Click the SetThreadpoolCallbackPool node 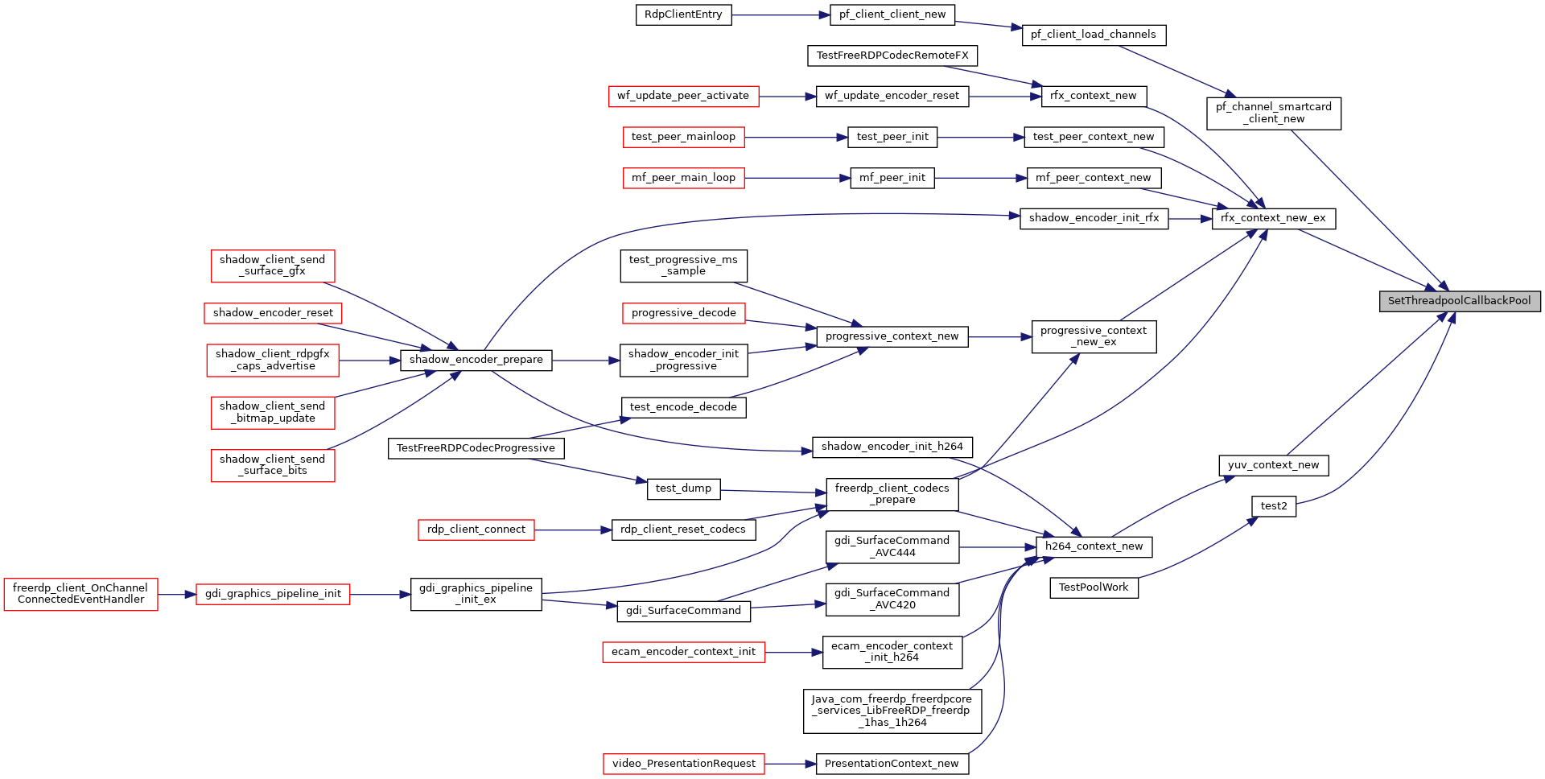click(1460, 301)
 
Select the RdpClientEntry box click(683, 14)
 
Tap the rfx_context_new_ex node click(1274, 218)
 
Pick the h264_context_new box click(1094, 546)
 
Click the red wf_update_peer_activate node click(683, 96)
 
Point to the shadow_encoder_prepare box click(476, 360)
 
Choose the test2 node click(1274, 506)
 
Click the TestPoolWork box click(1094, 587)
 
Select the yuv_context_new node click(1274, 465)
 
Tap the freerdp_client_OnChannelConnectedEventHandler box click(80, 594)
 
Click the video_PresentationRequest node click(684, 764)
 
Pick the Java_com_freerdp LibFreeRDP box click(892, 711)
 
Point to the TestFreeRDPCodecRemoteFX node click(892, 56)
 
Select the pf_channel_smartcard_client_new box click(1274, 113)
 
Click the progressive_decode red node click(684, 313)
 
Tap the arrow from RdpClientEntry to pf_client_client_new click(781, 14)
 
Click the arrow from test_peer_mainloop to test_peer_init click(796, 138)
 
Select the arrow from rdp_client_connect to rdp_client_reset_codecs click(573, 530)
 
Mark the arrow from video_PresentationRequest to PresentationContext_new click(790, 764)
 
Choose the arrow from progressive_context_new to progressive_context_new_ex click(1000, 337)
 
